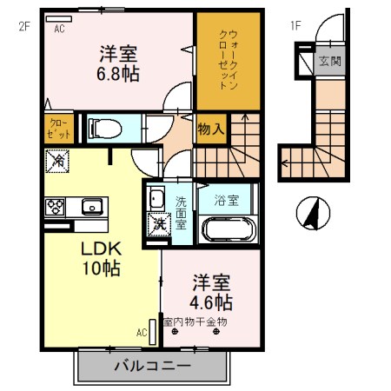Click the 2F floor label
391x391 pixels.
pyautogui.click(x=23, y=26)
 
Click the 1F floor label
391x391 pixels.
pyautogui.click(x=295, y=26)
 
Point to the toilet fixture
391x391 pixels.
pyautogui.click(x=103, y=129)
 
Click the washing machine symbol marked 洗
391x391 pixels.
pyautogui.click(x=158, y=224)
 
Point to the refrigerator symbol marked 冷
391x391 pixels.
pyautogui.click(x=58, y=161)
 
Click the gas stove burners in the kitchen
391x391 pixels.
pyautogui.click(x=55, y=207)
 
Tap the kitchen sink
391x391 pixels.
pyautogui.click(x=91, y=207)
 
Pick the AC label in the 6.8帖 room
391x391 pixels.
pyautogui.click(x=60, y=28)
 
